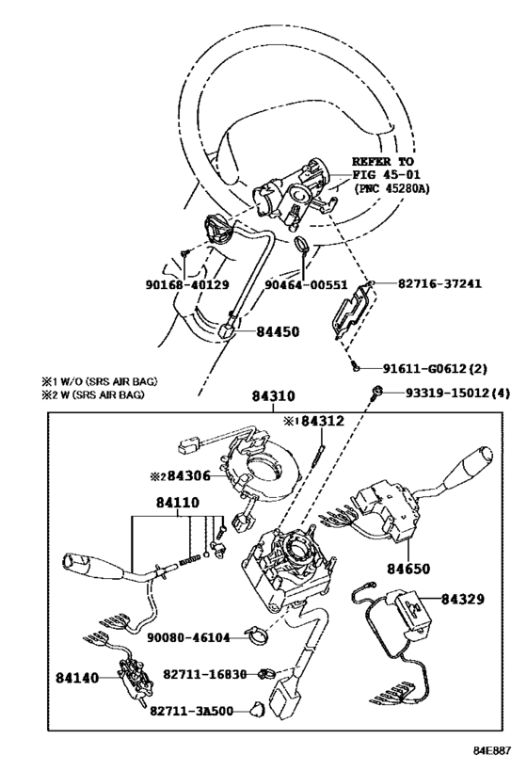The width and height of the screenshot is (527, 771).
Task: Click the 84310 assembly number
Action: [273, 398]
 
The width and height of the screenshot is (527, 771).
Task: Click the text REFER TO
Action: [383, 162]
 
